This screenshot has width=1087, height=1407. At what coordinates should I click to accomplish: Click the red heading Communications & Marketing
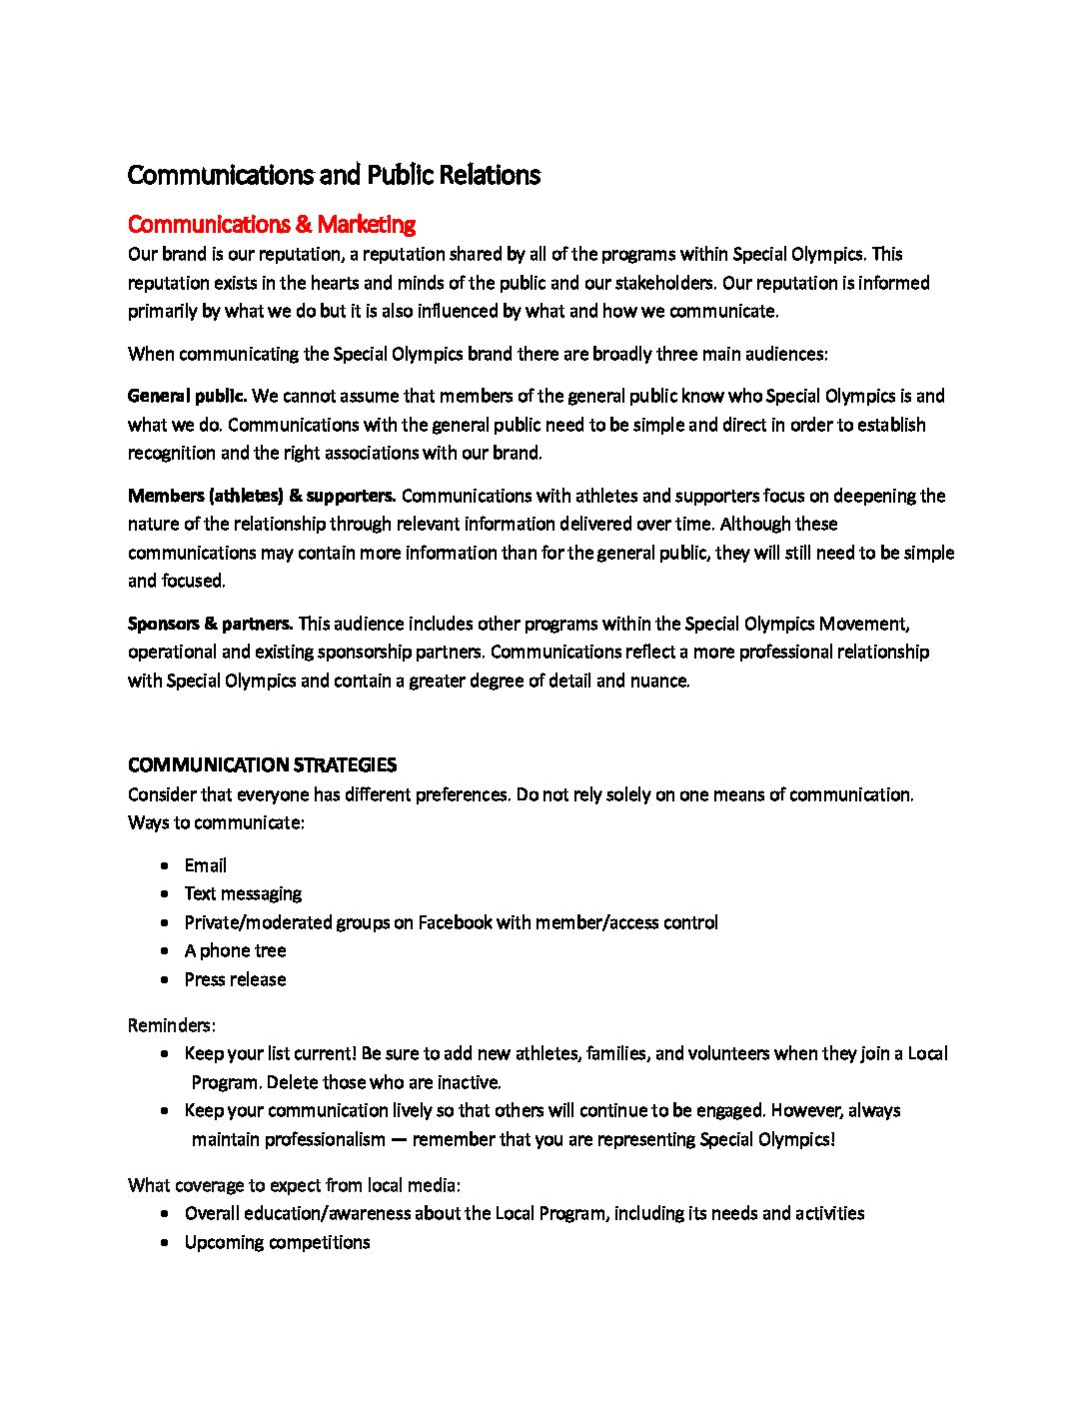tap(271, 224)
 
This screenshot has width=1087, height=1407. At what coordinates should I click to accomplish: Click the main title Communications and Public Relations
tap(334, 175)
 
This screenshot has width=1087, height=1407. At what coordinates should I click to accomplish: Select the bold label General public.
tap(187, 396)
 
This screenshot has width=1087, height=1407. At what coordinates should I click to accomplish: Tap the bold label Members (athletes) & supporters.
tap(262, 496)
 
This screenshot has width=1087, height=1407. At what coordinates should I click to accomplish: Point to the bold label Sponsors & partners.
tap(210, 624)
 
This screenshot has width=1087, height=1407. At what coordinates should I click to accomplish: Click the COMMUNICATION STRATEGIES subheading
tap(262, 765)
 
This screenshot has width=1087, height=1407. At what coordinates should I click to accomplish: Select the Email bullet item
tap(205, 865)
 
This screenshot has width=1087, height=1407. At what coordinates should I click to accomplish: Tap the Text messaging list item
tap(243, 893)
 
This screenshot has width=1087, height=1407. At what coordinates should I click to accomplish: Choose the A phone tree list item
tap(235, 950)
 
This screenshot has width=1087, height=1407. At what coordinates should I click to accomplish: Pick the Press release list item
tap(235, 979)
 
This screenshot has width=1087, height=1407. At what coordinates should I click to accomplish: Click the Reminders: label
tap(172, 1025)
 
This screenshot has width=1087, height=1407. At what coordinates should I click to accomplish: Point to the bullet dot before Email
tap(164, 866)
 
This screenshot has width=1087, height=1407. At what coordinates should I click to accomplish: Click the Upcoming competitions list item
tap(277, 1242)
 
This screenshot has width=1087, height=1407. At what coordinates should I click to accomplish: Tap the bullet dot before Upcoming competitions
tap(164, 1243)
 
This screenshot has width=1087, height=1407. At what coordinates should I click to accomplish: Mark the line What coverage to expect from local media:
tap(294, 1185)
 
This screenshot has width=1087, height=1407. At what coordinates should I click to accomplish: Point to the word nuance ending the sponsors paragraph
tap(659, 681)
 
